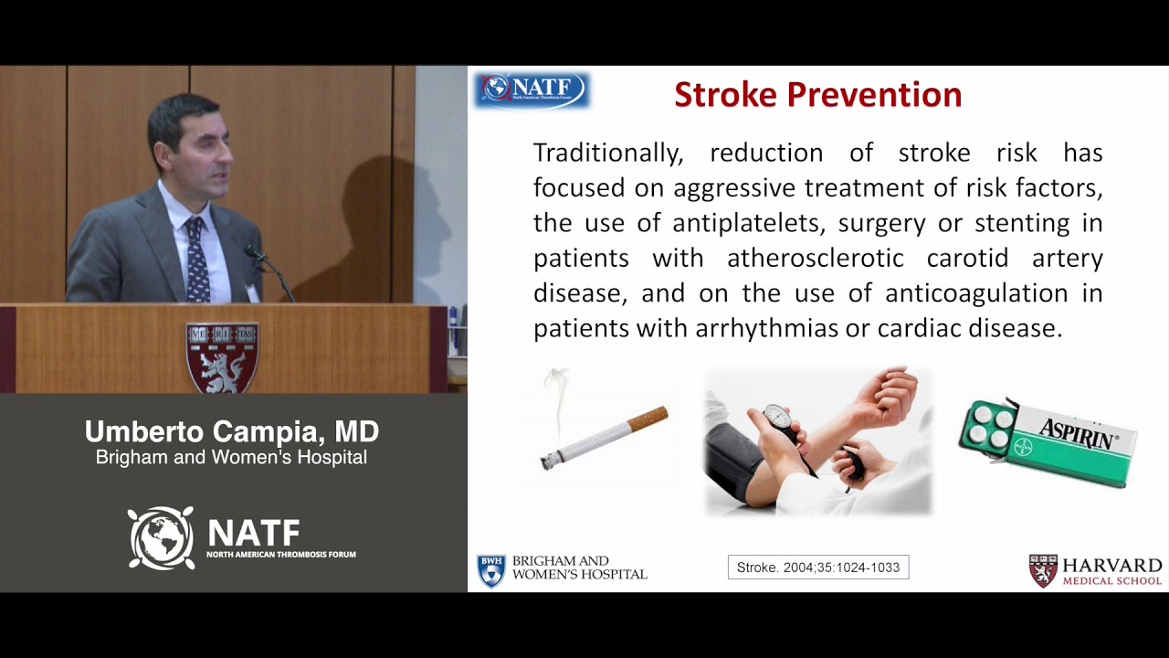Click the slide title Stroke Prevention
817,95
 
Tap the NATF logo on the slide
532,90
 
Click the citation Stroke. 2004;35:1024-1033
817,568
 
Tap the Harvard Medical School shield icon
1043,570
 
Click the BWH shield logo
491,570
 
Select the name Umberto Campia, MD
231,432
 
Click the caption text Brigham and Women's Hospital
231,458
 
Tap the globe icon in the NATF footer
161,538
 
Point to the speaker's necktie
196,260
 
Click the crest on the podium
222,356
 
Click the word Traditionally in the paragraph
607,153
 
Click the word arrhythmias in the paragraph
767,328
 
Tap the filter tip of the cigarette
648,419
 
